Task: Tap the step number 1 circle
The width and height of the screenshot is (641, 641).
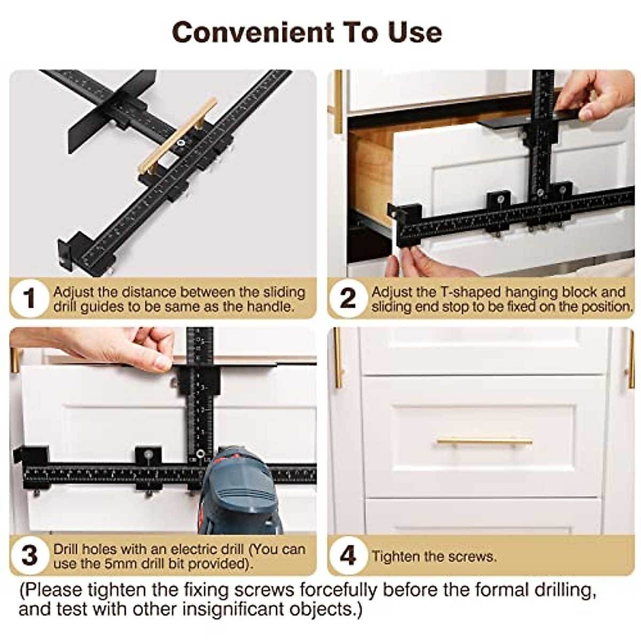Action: point(29,299)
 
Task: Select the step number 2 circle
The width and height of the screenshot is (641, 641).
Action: point(348,299)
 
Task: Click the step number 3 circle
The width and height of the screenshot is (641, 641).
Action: point(29,556)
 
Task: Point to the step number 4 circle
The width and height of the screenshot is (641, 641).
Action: point(348,556)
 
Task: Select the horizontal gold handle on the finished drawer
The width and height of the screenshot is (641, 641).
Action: point(484,441)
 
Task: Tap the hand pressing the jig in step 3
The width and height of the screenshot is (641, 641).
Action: point(123,347)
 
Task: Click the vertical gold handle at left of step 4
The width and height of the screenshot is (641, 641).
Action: point(337,358)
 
